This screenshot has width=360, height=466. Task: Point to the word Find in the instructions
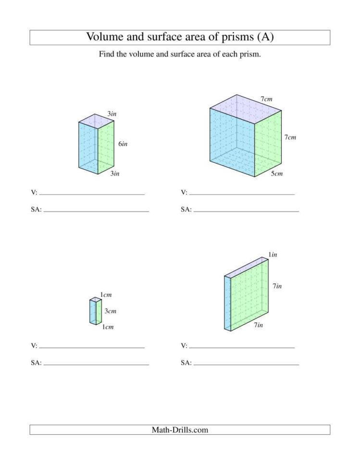tap(107, 54)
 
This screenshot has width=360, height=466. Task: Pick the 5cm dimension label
tap(276, 173)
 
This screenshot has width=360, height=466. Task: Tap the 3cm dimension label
tap(111, 311)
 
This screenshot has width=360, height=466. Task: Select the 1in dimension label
tap(273, 255)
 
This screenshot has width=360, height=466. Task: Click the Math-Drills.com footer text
tap(180, 430)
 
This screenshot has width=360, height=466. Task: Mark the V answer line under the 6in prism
tap(92, 194)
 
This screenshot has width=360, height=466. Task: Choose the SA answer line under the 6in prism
tap(96, 211)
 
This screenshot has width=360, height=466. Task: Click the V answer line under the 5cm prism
tap(242, 194)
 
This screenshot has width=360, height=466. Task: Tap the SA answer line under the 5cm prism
tap(246, 211)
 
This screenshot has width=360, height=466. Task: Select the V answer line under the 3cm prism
tap(92, 347)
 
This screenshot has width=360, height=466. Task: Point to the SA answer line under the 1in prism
tap(246, 364)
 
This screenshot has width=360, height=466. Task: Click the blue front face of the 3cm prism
tap(92, 312)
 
